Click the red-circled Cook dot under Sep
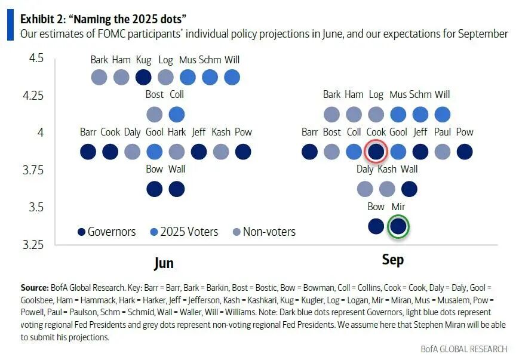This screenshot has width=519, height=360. point(376,152)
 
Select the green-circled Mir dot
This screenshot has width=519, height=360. point(398,227)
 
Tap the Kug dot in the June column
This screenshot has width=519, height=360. point(143,77)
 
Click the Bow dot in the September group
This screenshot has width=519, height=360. point(376,227)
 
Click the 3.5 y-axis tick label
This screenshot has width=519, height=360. point(34,208)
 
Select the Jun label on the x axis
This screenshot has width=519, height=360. point(164,263)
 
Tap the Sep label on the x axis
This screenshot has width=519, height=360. point(392,260)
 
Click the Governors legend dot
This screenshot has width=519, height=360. point(81,232)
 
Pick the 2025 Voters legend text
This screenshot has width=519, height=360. point(189,232)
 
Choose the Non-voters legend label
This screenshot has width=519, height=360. point(269,232)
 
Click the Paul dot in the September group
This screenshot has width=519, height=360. point(443,152)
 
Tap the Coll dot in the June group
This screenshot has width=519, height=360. point(177,114)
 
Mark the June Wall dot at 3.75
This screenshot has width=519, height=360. point(177,189)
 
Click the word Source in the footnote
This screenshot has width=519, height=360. point(35,288)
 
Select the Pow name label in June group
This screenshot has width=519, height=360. point(243,133)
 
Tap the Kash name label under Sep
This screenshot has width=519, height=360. point(387,170)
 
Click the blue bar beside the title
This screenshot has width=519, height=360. point(10,26)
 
